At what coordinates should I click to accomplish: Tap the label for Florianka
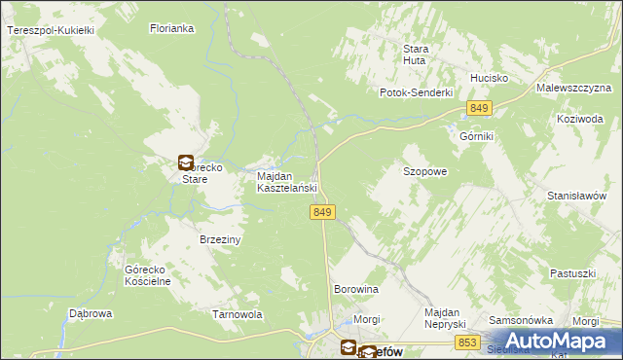[x=172, y=29]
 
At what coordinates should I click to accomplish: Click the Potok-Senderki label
[x=417, y=92]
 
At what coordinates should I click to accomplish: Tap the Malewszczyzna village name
[x=572, y=88]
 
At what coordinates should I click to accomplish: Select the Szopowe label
[x=424, y=171]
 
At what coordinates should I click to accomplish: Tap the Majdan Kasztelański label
[x=287, y=182]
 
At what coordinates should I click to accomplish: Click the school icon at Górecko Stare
[x=186, y=163]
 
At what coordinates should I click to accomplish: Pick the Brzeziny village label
[x=220, y=238]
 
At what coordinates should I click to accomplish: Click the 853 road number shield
[x=468, y=342]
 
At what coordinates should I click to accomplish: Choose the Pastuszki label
[x=571, y=273]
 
